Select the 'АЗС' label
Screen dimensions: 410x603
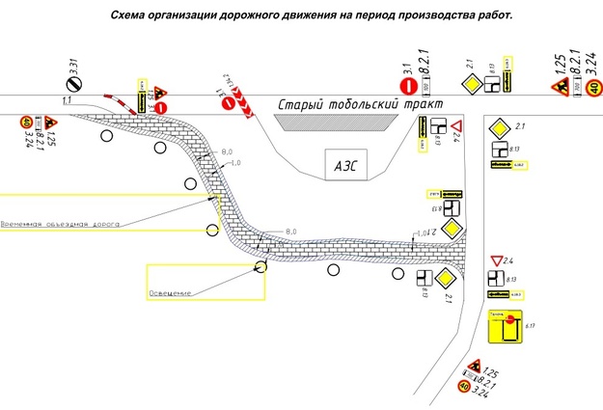(344, 164)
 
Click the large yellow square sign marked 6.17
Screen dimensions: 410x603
(505, 328)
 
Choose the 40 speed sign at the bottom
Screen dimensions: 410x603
(465, 388)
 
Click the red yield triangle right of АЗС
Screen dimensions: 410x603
(458, 128)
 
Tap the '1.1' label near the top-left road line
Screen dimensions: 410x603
(68, 99)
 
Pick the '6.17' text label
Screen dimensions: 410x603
(530, 329)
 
